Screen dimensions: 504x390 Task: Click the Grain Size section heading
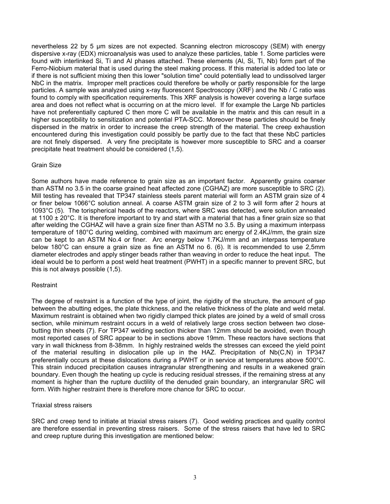(x=46, y=165)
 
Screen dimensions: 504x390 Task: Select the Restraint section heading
(x=44, y=285)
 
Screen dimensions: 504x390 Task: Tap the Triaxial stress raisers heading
(x=62, y=405)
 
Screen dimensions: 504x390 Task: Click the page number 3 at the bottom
(x=195, y=477)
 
